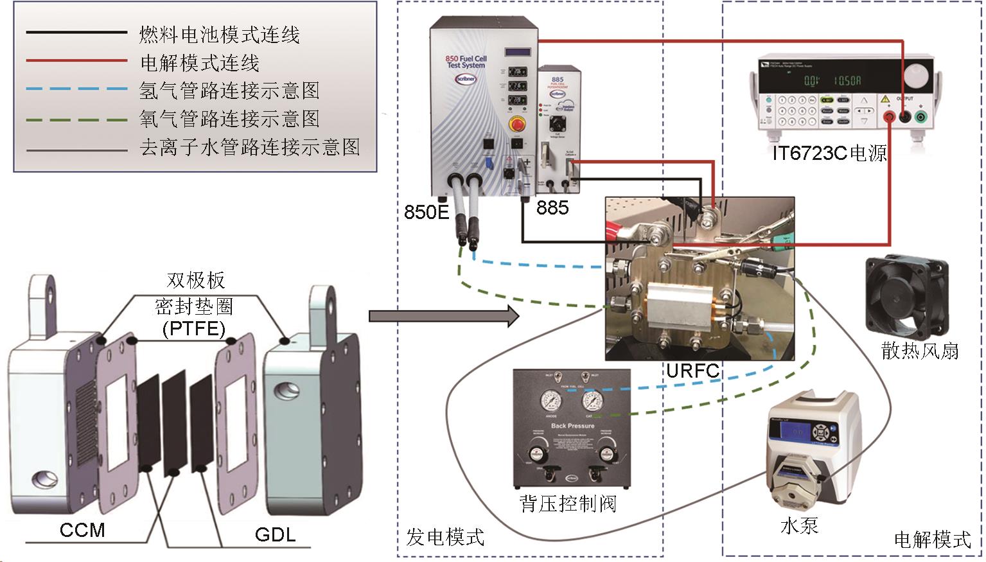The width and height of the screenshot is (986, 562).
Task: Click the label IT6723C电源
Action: coord(830,153)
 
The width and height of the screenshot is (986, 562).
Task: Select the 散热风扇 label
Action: coord(920,350)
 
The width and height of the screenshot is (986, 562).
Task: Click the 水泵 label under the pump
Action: coord(799,525)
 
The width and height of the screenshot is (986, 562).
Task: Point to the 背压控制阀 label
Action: coord(568,502)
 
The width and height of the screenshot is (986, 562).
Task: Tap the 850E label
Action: coord(427,211)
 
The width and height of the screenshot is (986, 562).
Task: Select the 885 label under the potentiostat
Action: coord(552,207)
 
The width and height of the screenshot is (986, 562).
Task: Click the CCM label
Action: coord(82,531)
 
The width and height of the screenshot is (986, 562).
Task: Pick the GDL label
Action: coord(276,534)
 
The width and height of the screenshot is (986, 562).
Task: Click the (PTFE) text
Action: coord(194,329)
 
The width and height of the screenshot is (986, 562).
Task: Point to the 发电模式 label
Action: coord(445,536)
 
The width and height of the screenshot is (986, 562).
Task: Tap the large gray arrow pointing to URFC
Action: coord(443,315)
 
